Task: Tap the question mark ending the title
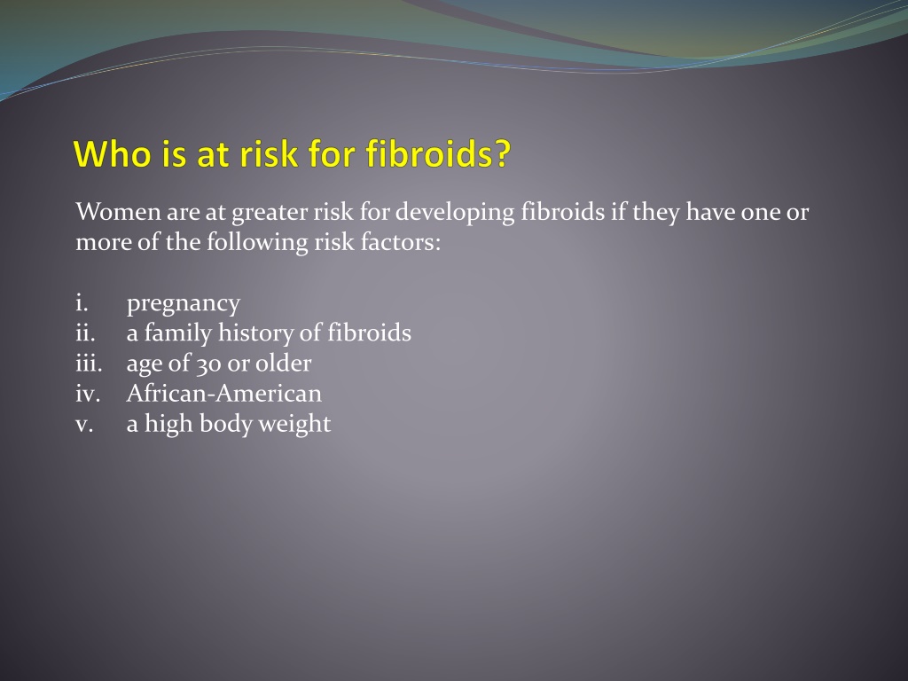click(x=503, y=153)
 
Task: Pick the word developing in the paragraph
click(x=455, y=213)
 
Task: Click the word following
click(x=256, y=243)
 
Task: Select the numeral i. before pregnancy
click(x=82, y=302)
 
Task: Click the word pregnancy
click(x=183, y=305)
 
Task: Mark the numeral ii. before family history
click(x=85, y=333)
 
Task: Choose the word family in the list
click(x=177, y=334)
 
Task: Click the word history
click(x=255, y=334)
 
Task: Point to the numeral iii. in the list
click(x=89, y=363)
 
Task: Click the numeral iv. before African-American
click(x=88, y=393)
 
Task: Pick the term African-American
click(x=223, y=393)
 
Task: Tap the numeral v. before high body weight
click(x=84, y=424)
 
